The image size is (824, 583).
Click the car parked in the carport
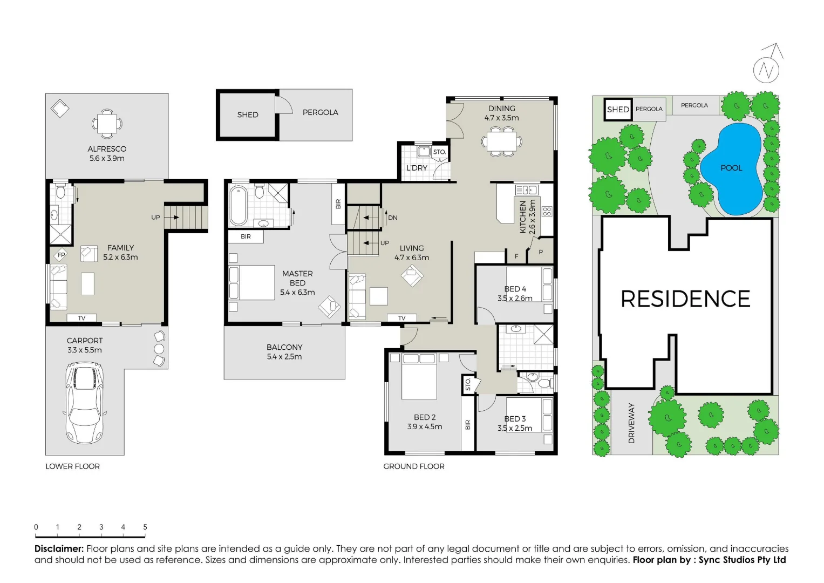point(84,402)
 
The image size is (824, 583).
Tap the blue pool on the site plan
point(731,168)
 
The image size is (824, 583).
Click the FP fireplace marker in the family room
point(61,255)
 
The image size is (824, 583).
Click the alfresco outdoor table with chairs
point(107,124)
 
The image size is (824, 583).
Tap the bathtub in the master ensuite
point(238,205)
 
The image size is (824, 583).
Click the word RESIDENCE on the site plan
point(685,299)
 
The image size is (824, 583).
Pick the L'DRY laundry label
point(417,168)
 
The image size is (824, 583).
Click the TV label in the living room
point(401,318)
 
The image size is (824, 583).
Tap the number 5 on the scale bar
point(145,527)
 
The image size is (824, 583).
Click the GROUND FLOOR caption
point(414,466)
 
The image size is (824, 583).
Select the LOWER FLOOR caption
point(72,466)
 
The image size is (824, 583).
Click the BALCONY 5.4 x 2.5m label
point(284,352)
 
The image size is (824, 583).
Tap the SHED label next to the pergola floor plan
point(248,114)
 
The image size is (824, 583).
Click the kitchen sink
point(526,190)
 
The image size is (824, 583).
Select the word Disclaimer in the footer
point(59,548)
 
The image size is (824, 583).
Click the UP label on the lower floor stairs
point(155,218)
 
